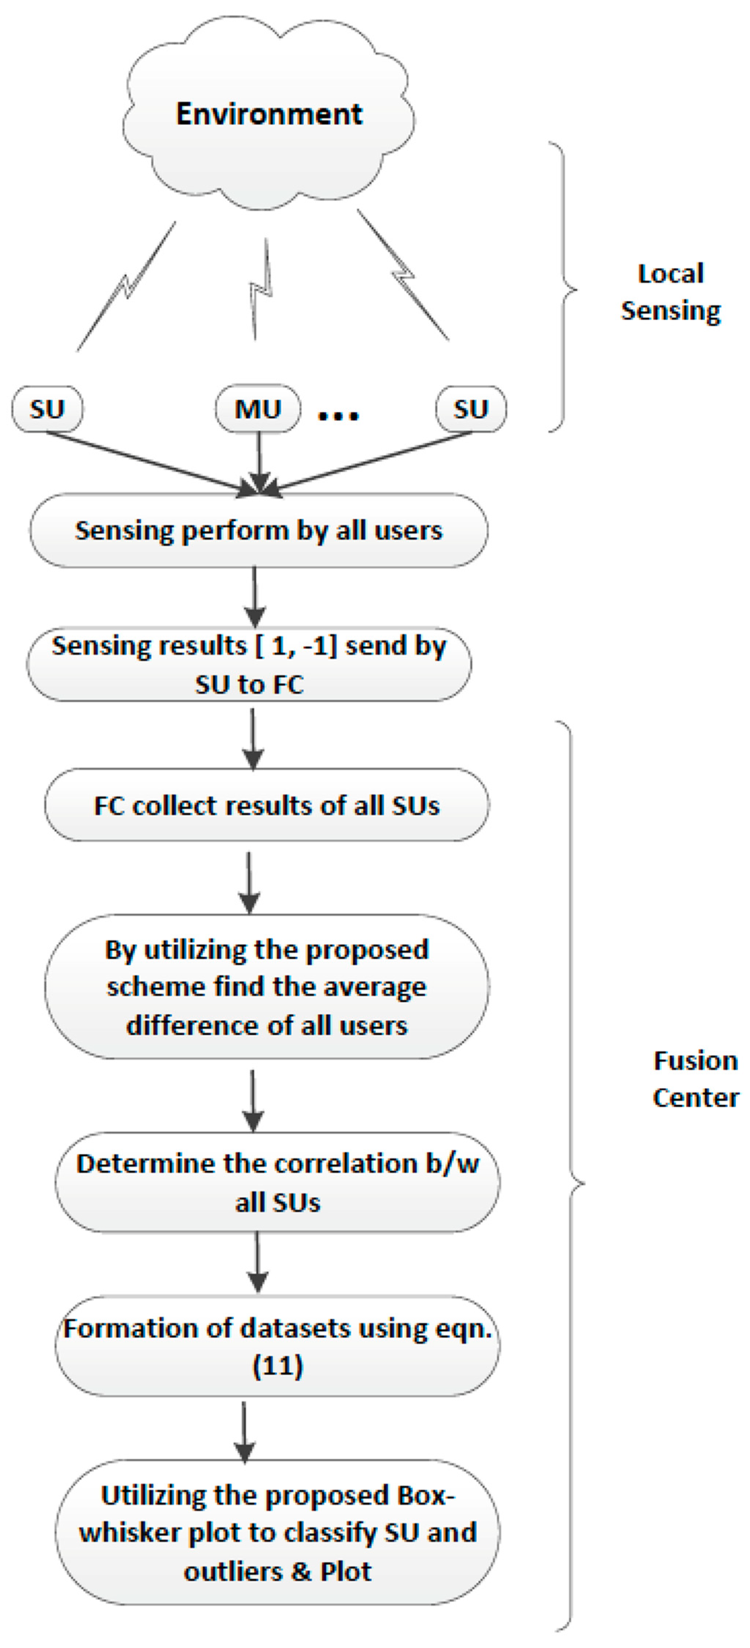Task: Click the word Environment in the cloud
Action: (269, 114)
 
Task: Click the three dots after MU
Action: (338, 416)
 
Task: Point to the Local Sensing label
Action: (671, 292)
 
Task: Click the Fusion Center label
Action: (695, 1079)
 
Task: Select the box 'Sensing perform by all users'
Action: (259, 530)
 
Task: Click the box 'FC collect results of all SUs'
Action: (266, 806)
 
